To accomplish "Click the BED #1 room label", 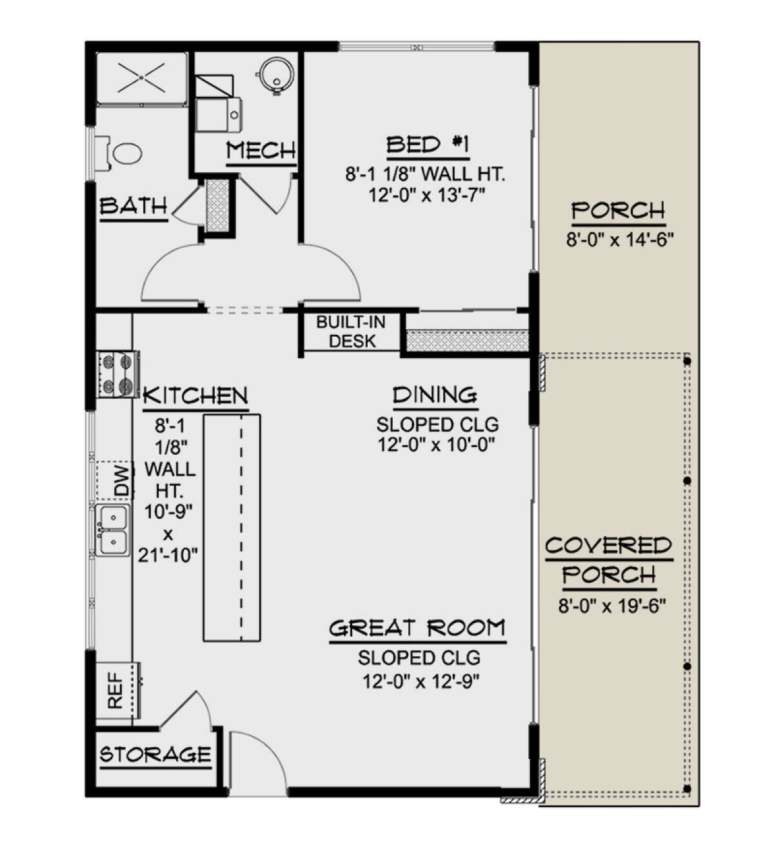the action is coord(427,145).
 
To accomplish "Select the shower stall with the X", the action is coord(142,78).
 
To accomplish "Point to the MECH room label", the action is coord(261,150).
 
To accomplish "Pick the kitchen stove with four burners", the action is coord(118,374).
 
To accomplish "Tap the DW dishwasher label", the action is coord(122,479).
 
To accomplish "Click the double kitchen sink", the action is coord(112,530).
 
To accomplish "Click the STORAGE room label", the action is coord(155,754).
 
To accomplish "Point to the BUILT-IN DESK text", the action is coord(351,332).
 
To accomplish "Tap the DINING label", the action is coord(435,395).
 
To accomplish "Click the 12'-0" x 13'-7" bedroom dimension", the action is coord(427,195).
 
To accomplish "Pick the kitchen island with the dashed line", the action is coord(232,528).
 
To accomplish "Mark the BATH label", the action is coord(134,206).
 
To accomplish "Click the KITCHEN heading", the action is coord(195,396).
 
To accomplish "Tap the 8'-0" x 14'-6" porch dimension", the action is coord(620,240).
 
